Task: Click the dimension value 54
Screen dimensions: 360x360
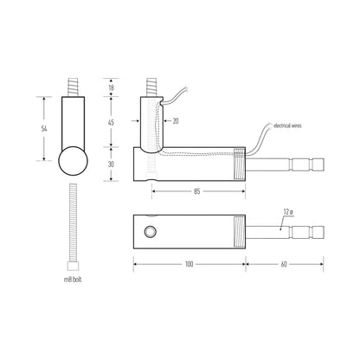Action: (44, 129)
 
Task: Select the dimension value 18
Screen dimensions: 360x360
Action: (111, 87)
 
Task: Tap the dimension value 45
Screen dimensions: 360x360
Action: (111, 122)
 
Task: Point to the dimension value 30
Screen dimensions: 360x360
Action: (111, 164)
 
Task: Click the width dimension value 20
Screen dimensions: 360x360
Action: (176, 121)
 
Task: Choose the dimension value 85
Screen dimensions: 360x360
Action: (196, 191)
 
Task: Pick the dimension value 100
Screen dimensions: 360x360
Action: (189, 264)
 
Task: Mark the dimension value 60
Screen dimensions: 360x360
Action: (284, 264)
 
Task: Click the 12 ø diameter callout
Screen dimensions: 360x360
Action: (288, 212)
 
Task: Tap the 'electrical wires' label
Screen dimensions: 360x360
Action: (287, 125)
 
